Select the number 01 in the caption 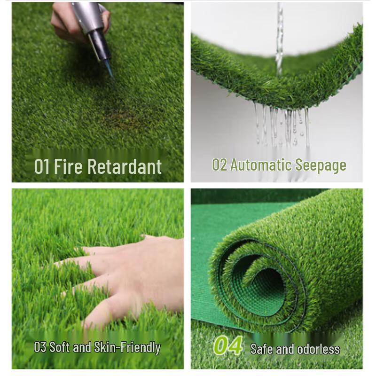42,167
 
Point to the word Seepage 321,165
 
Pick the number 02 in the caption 219,165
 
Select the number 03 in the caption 40,347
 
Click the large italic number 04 228,346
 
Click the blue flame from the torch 110,70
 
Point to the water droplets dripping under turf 282,125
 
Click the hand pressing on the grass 136,277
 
